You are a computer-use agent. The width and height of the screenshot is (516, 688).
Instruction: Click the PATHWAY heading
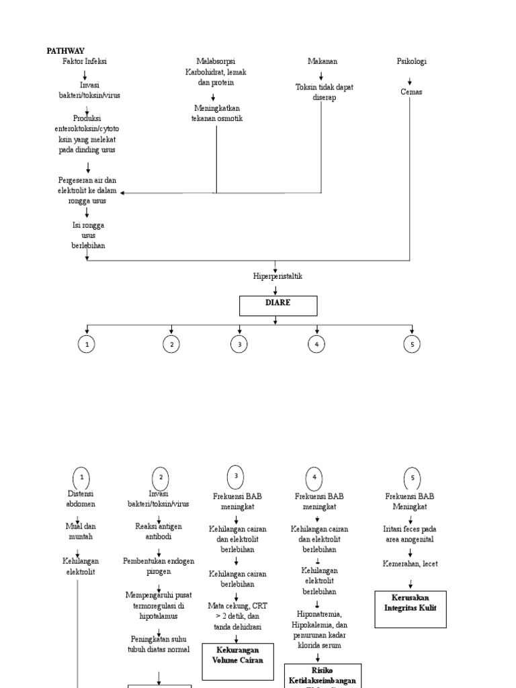pos(65,50)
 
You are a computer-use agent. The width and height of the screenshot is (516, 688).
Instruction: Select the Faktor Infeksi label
pos(85,61)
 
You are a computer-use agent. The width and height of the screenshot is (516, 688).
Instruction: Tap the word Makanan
pos(322,61)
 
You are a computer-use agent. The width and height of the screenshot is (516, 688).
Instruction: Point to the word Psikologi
pos(411,61)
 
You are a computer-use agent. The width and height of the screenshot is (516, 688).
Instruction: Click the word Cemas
pos(411,92)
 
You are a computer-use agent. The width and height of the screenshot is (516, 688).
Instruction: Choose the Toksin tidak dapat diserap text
pos(324,92)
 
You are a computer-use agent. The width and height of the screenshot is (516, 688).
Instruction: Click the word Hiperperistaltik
pos(277,276)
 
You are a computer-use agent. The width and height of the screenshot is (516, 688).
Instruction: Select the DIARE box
pos(278,306)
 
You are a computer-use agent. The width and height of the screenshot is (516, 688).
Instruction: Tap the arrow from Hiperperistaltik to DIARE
pos(275,289)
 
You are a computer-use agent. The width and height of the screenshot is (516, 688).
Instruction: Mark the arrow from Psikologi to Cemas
pos(410,77)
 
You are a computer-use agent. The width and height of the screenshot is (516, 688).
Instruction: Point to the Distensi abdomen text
pos(80,499)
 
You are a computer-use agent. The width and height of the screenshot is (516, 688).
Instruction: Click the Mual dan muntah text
pos(80,532)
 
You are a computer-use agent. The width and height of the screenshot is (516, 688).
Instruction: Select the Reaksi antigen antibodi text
pos(159,531)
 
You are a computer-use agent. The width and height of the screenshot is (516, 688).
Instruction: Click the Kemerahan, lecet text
pos(410,564)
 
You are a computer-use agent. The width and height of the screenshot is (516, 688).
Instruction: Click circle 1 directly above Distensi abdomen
pos(81,478)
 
